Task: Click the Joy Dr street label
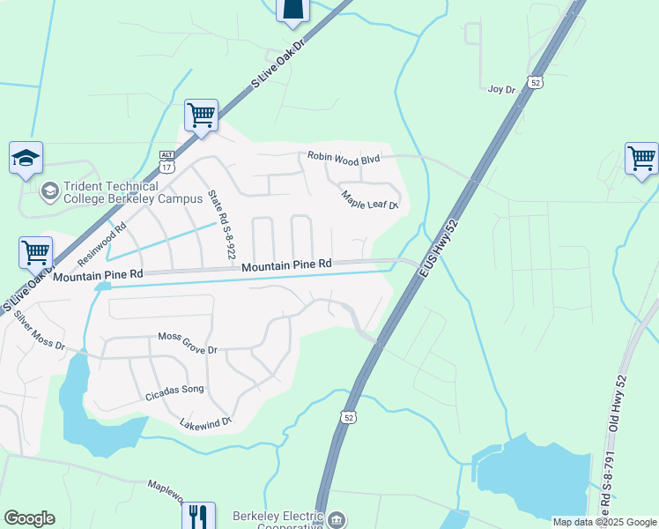point(500,88)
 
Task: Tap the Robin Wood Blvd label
point(343,157)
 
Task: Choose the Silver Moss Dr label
point(40,332)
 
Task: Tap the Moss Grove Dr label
point(187,344)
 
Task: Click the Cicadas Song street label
point(174,394)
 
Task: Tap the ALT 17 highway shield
point(167,160)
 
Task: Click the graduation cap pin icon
point(26,158)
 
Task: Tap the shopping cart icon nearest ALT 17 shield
point(202,115)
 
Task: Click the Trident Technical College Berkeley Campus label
point(111,191)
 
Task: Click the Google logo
point(29,518)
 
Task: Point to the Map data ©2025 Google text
point(603,522)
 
